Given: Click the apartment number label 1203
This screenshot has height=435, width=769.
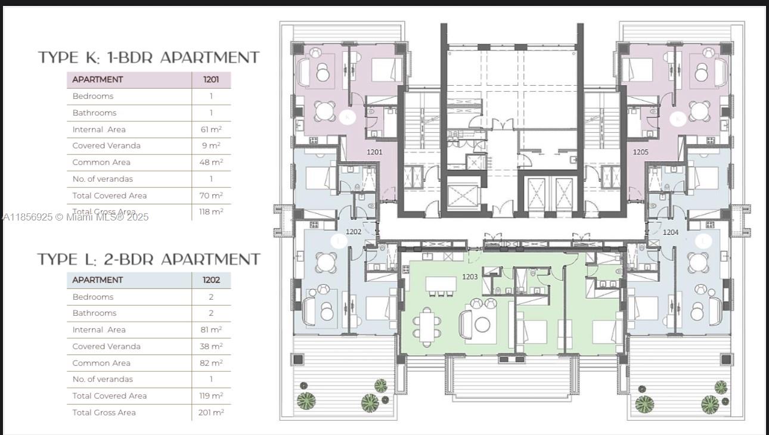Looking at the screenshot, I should [x=470, y=276].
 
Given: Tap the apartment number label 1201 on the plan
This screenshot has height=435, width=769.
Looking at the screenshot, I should [x=374, y=152].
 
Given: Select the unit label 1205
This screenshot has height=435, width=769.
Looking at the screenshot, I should [x=640, y=152].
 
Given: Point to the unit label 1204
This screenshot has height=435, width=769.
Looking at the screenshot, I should [x=671, y=232].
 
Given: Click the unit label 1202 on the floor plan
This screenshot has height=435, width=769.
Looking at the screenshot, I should [x=354, y=231].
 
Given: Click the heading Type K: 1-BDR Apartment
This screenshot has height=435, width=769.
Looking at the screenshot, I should [x=149, y=58].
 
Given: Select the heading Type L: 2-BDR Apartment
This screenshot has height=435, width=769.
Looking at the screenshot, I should [x=149, y=259].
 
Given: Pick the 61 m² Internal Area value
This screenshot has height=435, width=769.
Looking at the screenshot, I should [x=211, y=129].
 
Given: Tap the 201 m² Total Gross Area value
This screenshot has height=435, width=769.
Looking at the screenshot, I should [x=211, y=412].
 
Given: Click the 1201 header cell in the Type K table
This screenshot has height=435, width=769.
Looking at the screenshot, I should [x=211, y=79].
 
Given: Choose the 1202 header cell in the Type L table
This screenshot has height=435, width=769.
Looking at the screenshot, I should [x=211, y=280].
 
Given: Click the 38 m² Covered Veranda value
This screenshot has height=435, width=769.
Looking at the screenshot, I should [x=211, y=346].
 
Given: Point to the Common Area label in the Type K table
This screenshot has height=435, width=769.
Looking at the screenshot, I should [x=101, y=162].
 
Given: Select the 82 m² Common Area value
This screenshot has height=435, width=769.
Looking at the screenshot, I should [x=211, y=363].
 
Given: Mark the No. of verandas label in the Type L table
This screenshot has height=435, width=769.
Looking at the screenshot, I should [x=103, y=379].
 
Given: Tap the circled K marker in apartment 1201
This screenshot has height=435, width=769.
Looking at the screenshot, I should [x=347, y=118].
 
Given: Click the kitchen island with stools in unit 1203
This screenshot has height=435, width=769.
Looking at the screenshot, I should [x=441, y=285].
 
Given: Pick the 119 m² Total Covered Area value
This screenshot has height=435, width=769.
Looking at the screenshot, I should [x=211, y=396].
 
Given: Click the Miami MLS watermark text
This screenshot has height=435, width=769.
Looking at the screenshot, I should [x=75, y=217].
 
